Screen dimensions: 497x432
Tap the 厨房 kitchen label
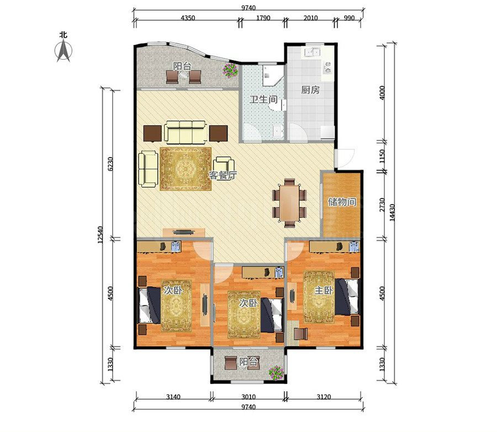point(310,90)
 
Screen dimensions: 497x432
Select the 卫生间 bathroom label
point(263,99)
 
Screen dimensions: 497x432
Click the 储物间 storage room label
point(342,202)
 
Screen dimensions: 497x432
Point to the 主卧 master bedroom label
point(323,290)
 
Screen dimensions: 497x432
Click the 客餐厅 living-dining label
point(223,175)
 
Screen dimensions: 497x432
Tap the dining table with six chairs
point(289,203)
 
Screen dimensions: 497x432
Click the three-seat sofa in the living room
point(186,131)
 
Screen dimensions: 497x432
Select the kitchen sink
point(312,52)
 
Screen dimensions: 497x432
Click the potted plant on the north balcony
point(230,70)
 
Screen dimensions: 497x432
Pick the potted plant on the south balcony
point(276,373)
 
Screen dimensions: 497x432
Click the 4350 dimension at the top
point(188,18)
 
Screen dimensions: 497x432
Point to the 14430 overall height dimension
point(392,212)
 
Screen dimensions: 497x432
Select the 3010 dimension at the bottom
point(248,397)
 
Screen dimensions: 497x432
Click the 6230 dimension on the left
point(110,164)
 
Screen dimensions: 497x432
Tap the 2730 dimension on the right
point(382,205)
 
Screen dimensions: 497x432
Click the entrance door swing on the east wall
point(345,157)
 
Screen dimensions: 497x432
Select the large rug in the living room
point(186,169)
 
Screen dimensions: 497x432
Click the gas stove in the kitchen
point(327,67)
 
